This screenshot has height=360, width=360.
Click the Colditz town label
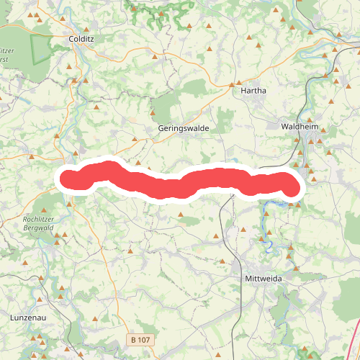click(x=78, y=40)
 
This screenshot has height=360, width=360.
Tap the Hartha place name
click(x=253, y=91)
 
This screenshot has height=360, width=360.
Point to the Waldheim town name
click(x=300, y=125)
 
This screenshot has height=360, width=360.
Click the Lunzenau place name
click(x=28, y=317)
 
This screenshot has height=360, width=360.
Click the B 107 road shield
click(x=140, y=339)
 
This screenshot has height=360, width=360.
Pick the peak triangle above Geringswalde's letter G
click(x=153, y=113)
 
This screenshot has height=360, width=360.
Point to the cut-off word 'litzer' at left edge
click(x=8, y=51)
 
